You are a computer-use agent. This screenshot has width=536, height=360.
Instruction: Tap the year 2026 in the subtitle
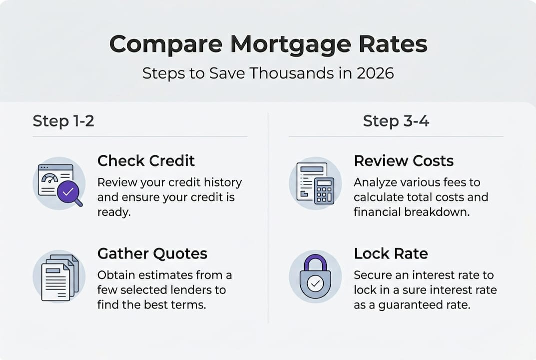click(x=375, y=73)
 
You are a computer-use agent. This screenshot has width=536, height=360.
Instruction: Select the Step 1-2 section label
click(x=63, y=121)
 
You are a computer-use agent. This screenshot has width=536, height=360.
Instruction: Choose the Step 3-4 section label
click(x=396, y=121)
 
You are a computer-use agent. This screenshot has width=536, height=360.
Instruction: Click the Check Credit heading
click(x=146, y=160)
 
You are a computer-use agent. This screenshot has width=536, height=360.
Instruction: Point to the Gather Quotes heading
click(x=152, y=253)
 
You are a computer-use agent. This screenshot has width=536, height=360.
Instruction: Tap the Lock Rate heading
click(x=391, y=253)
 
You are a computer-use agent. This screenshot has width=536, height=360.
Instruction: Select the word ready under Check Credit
click(x=113, y=211)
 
